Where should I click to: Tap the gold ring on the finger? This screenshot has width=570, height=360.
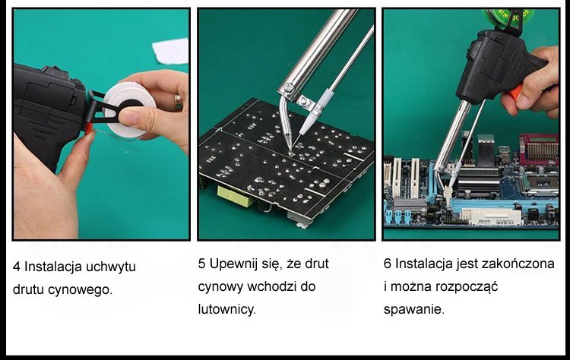[179, 102]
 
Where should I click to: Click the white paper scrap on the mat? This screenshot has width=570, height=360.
[170, 51]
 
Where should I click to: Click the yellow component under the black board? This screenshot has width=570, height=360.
[236, 197]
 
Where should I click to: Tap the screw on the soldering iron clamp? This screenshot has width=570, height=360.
[289, 87]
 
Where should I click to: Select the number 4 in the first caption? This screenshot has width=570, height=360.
[17, 267]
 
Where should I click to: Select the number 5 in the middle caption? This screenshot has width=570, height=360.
[201, 264]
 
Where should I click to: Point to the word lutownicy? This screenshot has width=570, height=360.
[226, 309]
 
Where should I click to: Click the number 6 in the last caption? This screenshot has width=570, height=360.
[388, 264]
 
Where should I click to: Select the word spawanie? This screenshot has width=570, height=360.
[414, 310]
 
